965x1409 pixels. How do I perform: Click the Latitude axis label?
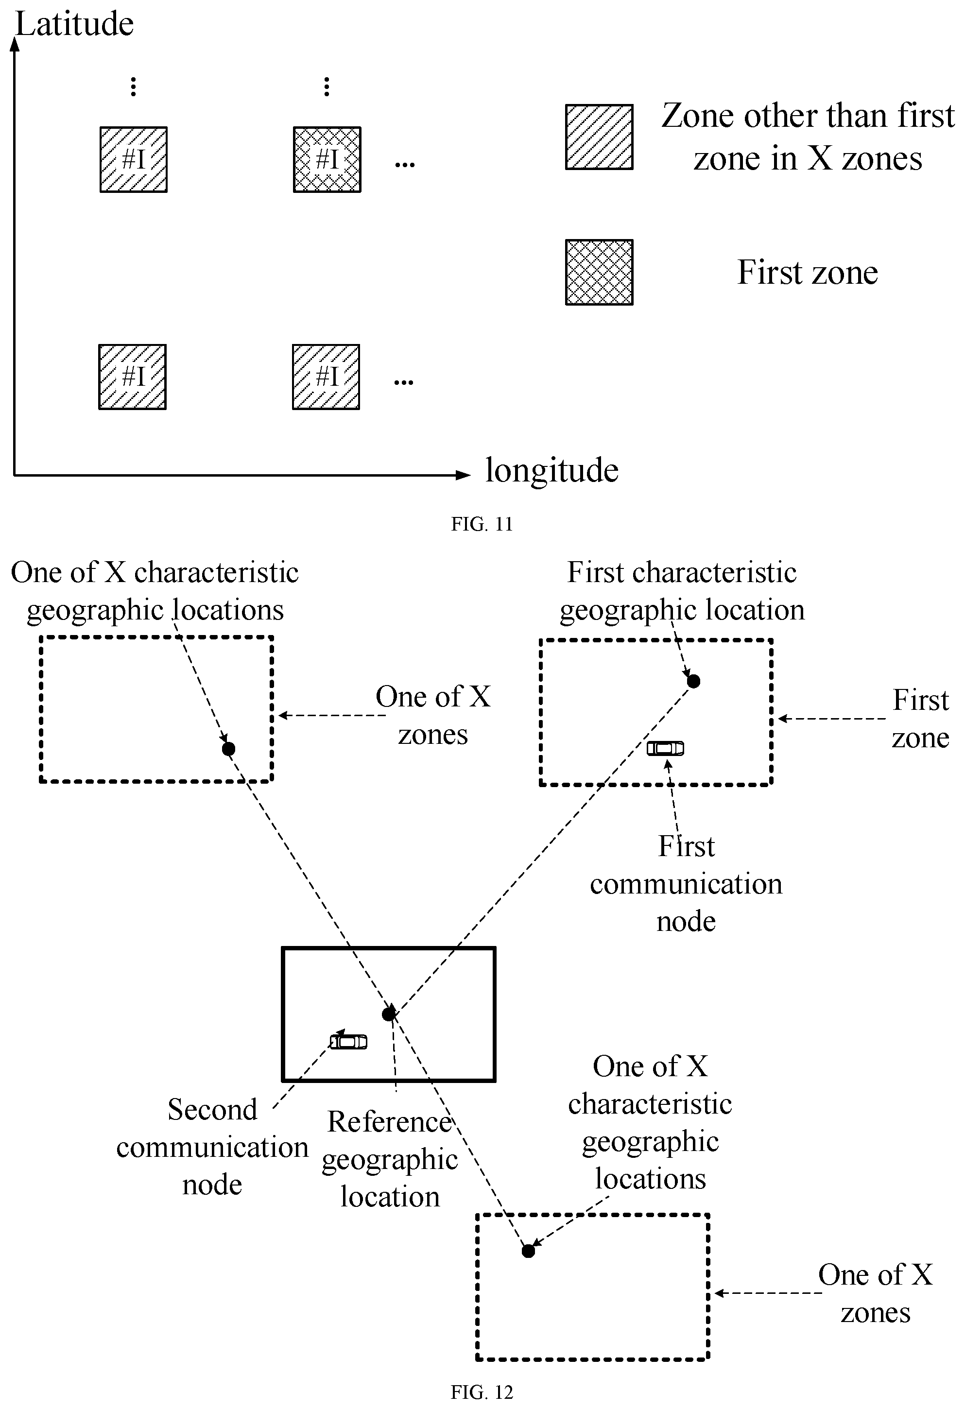74,24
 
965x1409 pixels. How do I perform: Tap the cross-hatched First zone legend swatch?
600,272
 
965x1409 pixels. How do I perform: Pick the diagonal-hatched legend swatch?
600,137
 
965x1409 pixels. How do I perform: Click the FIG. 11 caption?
482,524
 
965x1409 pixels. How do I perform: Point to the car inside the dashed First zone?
665,749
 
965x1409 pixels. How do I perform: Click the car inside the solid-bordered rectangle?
348,1042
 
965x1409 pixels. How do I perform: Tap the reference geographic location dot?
389,1014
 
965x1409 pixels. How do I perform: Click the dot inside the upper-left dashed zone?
228,749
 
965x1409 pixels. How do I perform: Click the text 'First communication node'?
686,883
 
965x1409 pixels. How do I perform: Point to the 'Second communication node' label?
212,1147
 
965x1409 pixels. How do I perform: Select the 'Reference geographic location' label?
390,1159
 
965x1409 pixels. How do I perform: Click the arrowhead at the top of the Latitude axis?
15,44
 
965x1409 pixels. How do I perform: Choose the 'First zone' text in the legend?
808,272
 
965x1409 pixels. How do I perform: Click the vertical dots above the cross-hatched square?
327,86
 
